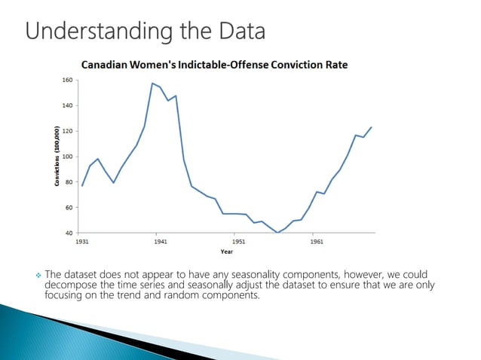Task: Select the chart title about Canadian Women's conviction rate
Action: [214, 65]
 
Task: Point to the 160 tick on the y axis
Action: [67, 80]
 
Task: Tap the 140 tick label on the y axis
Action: [67, 105]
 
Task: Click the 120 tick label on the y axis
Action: [67, 131]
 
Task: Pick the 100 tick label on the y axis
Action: [67, 157]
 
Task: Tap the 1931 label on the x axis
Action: [81, 242]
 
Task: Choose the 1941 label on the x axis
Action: [160, 242]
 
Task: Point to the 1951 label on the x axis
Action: [238, 242]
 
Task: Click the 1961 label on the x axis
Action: [317, 242]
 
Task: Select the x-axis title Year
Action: [226, 252]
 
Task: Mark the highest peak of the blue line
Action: [152, 83]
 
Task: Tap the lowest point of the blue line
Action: [277, 232]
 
